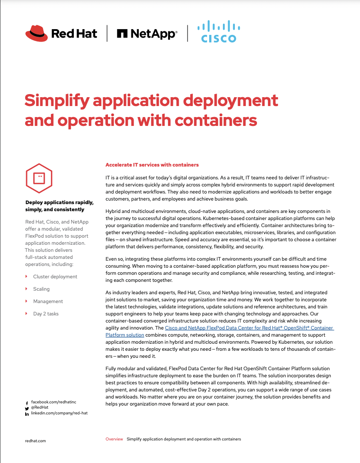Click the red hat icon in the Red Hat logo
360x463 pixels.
pos(37,33)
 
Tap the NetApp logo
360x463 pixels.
pos(147,34)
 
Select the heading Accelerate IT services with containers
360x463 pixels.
pos(152,165)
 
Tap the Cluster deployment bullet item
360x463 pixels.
pos(55,277)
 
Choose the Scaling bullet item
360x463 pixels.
pos(41,289)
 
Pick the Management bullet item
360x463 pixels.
pos(48,301)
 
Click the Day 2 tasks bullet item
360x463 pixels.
pos(46,314)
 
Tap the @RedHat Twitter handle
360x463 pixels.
pos(40,408)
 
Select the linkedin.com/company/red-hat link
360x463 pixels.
pos(59,414)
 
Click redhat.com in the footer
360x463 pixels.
pos(35,440)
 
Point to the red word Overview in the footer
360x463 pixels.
pos(114,439)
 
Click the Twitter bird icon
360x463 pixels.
pos(27,409)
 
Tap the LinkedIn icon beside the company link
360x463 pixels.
pos(27,414)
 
